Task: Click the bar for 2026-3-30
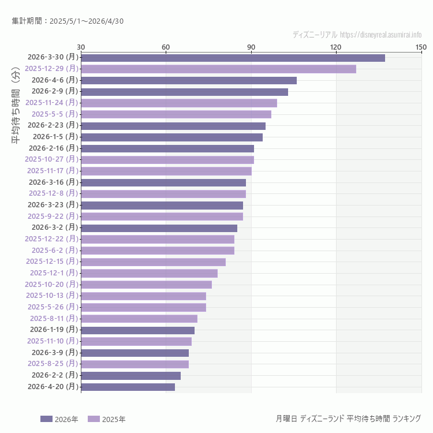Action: [x=233, y=58]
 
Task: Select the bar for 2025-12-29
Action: [x=218, y=69]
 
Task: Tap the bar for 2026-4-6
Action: [x=189, y=80]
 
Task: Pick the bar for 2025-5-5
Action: [x=176, y=114]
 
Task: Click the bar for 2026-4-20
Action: [x=128, y=387]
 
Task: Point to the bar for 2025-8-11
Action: [x=139, y=319]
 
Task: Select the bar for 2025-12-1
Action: [x=149, y=273]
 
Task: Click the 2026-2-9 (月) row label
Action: [x=54, y=91]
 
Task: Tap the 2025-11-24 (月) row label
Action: [x=51, y=103]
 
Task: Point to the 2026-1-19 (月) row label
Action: [x=54, y=330]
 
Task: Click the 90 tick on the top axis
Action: [x=251, y=47]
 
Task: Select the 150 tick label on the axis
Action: [x=421, y=47]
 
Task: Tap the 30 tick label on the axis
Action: [x=81, y=47]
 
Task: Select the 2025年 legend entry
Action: [x=106, y=419]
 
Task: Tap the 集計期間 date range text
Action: [x=68, y=21]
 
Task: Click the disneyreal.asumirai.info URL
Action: [x=381, y=35]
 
